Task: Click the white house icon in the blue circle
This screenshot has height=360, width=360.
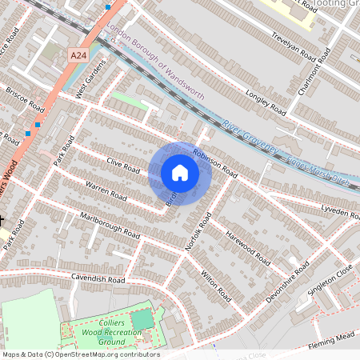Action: (180, 173)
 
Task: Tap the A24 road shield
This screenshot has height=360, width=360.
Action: (78, 55)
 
